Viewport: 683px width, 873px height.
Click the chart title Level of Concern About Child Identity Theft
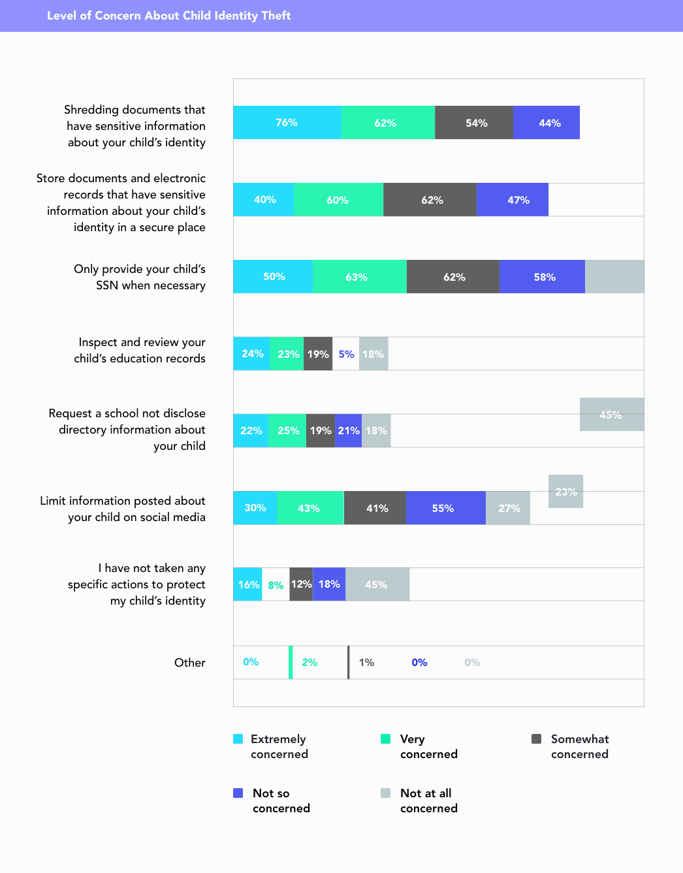coord(168,16)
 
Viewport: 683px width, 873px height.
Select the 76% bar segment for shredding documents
coord(287,123)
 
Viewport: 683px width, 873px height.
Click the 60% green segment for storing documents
coord(338,200)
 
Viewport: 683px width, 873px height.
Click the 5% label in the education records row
coord(346,354)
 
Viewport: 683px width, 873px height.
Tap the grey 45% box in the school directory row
coord(611,415)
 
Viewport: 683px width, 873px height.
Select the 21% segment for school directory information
coord(349,431)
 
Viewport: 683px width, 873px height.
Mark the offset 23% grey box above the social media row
coord(565,492)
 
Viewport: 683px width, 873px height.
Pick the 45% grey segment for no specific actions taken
coord(377,584)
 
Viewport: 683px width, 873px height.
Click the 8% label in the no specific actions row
coord(276,585)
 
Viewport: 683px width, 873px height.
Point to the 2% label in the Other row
coord(310,663)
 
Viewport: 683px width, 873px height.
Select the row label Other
coord(190,663)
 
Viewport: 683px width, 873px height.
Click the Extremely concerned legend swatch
coord(238,739)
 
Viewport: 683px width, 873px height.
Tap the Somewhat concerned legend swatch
coord(537,739)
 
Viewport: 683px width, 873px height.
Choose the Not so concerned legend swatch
coord(238,793)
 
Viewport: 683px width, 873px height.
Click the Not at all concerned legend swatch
coord(386,793)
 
